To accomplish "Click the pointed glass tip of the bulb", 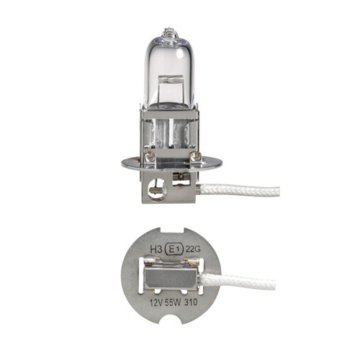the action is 169,33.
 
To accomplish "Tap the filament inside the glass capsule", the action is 171,78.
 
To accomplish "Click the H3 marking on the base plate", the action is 156,249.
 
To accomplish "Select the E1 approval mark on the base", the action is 174,249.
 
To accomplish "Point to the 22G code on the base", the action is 193,250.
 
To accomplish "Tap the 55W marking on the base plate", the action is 173,302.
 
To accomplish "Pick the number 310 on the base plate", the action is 191,302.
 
